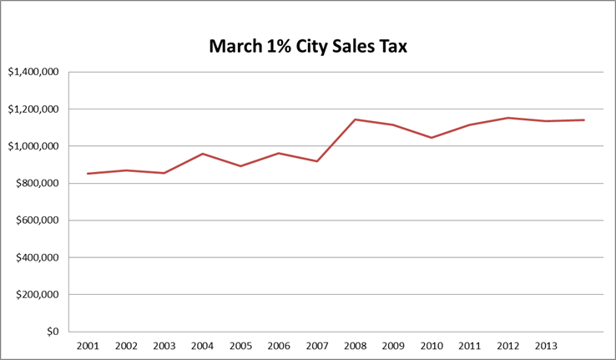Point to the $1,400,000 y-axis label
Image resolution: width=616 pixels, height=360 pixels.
coord(33,72)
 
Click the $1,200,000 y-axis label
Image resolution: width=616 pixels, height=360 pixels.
coord(33,109)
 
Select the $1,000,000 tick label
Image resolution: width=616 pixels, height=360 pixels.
coord(33,146)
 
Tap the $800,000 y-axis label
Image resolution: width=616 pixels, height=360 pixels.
coord(36,184)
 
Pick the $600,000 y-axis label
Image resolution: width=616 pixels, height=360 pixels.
coord(36,221)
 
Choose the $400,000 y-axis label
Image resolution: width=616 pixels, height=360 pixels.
coord(36,258)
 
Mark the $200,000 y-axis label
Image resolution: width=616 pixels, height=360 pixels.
coord(36,295)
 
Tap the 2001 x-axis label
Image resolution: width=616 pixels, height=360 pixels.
coord(88,346)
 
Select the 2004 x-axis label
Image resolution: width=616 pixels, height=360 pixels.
coord(202,346)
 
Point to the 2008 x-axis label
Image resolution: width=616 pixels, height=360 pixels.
coord(355,346)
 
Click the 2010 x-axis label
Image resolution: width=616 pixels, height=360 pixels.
coord(432,346)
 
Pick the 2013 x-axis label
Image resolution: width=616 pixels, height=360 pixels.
coord(546,346)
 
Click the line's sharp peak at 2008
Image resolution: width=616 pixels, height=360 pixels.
coord(355,119)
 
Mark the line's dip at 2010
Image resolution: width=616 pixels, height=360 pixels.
coord(432,138)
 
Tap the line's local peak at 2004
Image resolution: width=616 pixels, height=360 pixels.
coord(202,154)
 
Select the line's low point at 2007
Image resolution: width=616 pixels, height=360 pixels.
coord(317,161)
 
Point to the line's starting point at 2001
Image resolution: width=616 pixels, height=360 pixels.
coord(88,174)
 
